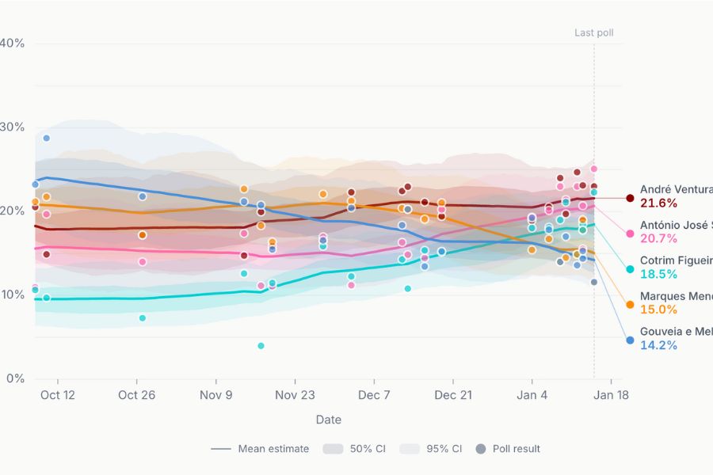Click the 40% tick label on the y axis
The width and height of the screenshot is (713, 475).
pos(13,43)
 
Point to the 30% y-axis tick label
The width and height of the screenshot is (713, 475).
pos(13,127)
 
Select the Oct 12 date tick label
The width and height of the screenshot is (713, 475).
pos(58,394)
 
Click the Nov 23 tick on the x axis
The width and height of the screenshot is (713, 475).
pos(295,394)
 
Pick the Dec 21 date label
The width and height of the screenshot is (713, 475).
pos(453,394)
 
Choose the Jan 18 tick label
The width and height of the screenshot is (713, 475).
pos(612,394)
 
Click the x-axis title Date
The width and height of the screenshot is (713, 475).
pos(329,420)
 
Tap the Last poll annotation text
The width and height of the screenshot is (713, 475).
pos(594,33)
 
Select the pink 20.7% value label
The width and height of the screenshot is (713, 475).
pos(658,239)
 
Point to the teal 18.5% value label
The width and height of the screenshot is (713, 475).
pos(658,275)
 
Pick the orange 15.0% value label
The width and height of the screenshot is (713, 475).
pos(658,310)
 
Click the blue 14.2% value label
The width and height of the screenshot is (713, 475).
pos(658,345)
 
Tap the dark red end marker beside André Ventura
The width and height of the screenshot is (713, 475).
pos(630,198)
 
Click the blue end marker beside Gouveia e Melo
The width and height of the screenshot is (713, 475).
pos(630,340)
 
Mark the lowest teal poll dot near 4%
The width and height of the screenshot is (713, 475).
pos(261,346)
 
